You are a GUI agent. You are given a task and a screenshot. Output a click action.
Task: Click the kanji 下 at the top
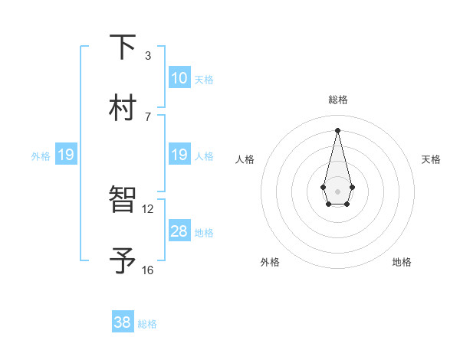tap(123, 47)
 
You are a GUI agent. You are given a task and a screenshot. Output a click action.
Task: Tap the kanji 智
tap(123, 200)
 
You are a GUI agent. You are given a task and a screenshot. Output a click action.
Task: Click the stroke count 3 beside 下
tap(148, 56)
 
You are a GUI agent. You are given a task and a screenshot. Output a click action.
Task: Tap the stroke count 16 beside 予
tap(148, 270)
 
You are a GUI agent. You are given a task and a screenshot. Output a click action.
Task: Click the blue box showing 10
tap(179, 77)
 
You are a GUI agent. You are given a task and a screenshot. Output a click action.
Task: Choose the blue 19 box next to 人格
tap(179, 155)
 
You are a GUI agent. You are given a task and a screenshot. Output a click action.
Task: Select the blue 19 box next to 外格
tap(66, 155)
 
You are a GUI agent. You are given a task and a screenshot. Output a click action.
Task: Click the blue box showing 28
tap(179, 231)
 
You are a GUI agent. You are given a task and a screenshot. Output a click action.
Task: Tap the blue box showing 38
tap(123, 322)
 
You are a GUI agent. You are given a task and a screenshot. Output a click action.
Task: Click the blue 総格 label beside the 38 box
tap(147, 324)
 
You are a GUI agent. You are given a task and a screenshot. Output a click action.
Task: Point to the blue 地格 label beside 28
tap(204, 233)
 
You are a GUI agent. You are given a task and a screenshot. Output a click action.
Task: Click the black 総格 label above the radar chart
tap(337, 100)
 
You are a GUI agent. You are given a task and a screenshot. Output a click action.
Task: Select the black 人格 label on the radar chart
tap(245, 159)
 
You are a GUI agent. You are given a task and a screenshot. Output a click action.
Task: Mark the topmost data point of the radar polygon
tap(337, 130)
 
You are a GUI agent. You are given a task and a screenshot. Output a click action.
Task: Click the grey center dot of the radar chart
tap(337, 190)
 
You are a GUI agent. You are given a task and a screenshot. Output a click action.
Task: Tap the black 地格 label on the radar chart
tap(402, 262)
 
